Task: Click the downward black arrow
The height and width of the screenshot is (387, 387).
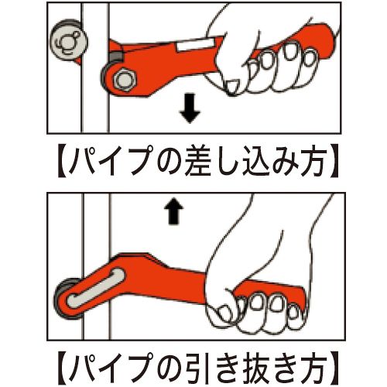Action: coord(190,108)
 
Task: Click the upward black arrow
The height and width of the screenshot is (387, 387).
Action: coord(176,212)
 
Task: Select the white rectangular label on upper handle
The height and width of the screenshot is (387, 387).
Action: coord(194,44)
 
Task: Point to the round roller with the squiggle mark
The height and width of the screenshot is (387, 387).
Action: coord(68,41)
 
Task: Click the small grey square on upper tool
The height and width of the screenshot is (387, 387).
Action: coord(115,56)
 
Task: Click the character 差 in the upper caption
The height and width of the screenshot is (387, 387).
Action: coord(204,161)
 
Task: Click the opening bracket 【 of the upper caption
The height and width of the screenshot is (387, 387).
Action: coord(63,162)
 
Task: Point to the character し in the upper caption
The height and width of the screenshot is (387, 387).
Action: coord(232,161)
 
